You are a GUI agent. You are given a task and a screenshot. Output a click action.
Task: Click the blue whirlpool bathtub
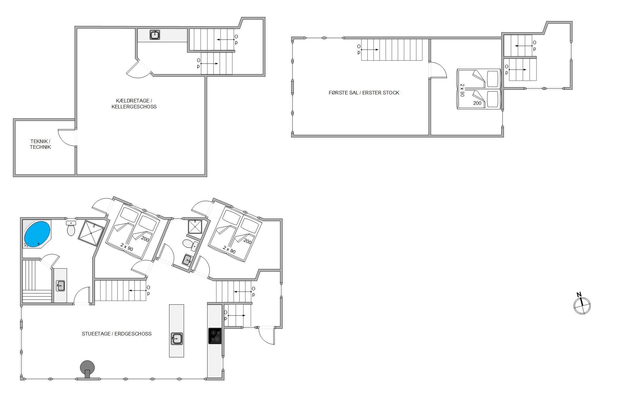coord(37,233)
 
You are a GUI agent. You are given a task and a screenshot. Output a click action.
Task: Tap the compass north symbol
coord(582,305)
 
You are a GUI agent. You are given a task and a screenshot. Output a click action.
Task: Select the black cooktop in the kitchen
coord(215,336)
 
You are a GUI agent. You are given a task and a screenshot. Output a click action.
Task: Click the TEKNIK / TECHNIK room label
coord(40,144)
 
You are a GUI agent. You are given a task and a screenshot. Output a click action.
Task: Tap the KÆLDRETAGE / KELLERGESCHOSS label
coord(134,104)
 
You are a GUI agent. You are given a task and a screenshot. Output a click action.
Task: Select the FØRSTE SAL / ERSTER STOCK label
coord(364,93)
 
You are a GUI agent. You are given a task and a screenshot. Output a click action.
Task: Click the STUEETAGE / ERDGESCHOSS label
coord(117,334)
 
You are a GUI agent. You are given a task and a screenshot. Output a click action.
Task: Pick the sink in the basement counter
coord(155,35)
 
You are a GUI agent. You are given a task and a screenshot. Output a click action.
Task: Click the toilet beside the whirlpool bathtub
coord(71,228)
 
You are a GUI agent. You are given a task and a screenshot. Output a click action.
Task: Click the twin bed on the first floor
coord(479,89)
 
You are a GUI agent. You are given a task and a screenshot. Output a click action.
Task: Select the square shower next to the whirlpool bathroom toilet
coord(91,233)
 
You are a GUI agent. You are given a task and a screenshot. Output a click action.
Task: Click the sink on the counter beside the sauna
coord(60,286)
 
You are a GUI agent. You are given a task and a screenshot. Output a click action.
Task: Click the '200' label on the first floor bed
coord(477,103)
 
